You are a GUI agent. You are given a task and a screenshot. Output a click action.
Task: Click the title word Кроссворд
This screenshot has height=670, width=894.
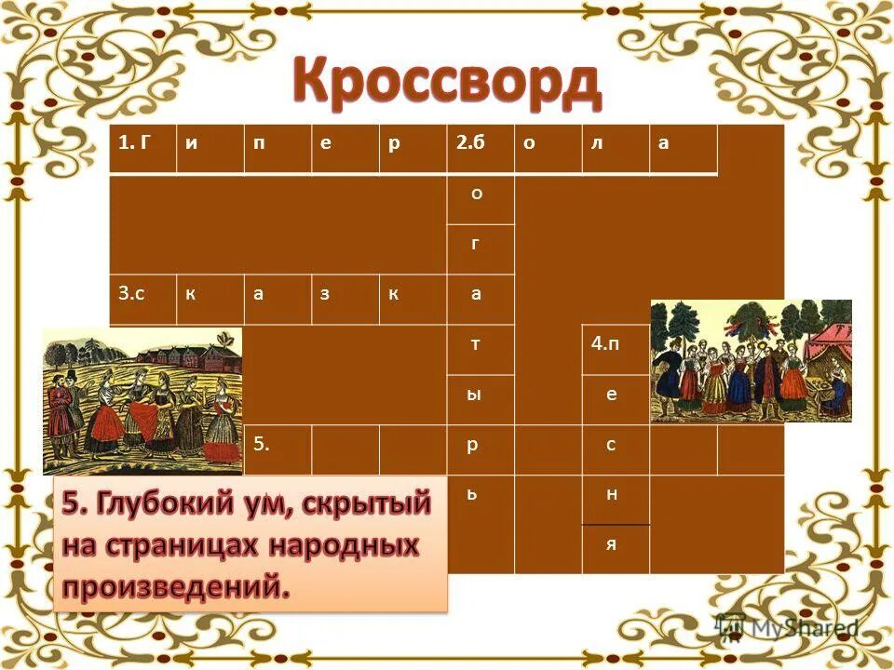tap(447, 83)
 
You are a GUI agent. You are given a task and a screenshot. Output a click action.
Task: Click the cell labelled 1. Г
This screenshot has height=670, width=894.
tap(142, 148)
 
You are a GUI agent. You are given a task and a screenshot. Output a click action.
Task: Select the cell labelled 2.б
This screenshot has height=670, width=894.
tap(480, 148)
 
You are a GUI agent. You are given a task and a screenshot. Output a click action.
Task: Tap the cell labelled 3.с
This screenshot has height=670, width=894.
tap(142, 299)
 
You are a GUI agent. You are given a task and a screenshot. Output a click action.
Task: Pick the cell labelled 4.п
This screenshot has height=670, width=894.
tap(615, 349)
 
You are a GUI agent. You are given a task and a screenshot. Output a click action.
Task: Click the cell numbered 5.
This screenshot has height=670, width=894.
tap(278, 449)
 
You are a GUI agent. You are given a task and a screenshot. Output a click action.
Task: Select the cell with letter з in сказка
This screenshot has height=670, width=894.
tap(345, 299)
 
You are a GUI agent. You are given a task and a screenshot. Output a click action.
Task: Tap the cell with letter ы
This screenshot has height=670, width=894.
tap(480, 399)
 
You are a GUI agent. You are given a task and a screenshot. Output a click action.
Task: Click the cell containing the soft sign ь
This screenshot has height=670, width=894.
tap(480, 500)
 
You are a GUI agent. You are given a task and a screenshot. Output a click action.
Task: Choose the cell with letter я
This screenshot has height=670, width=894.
tap(615, 549)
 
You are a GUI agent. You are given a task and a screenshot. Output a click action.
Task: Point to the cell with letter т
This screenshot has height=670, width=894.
tap(480, 349)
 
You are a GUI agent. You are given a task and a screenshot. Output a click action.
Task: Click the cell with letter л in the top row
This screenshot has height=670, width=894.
tap(615, 148)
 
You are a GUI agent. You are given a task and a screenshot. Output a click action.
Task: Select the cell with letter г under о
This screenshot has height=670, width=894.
tap(480, 248)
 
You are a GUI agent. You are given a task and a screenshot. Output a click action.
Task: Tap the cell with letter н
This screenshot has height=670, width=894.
tap(615, 500)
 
